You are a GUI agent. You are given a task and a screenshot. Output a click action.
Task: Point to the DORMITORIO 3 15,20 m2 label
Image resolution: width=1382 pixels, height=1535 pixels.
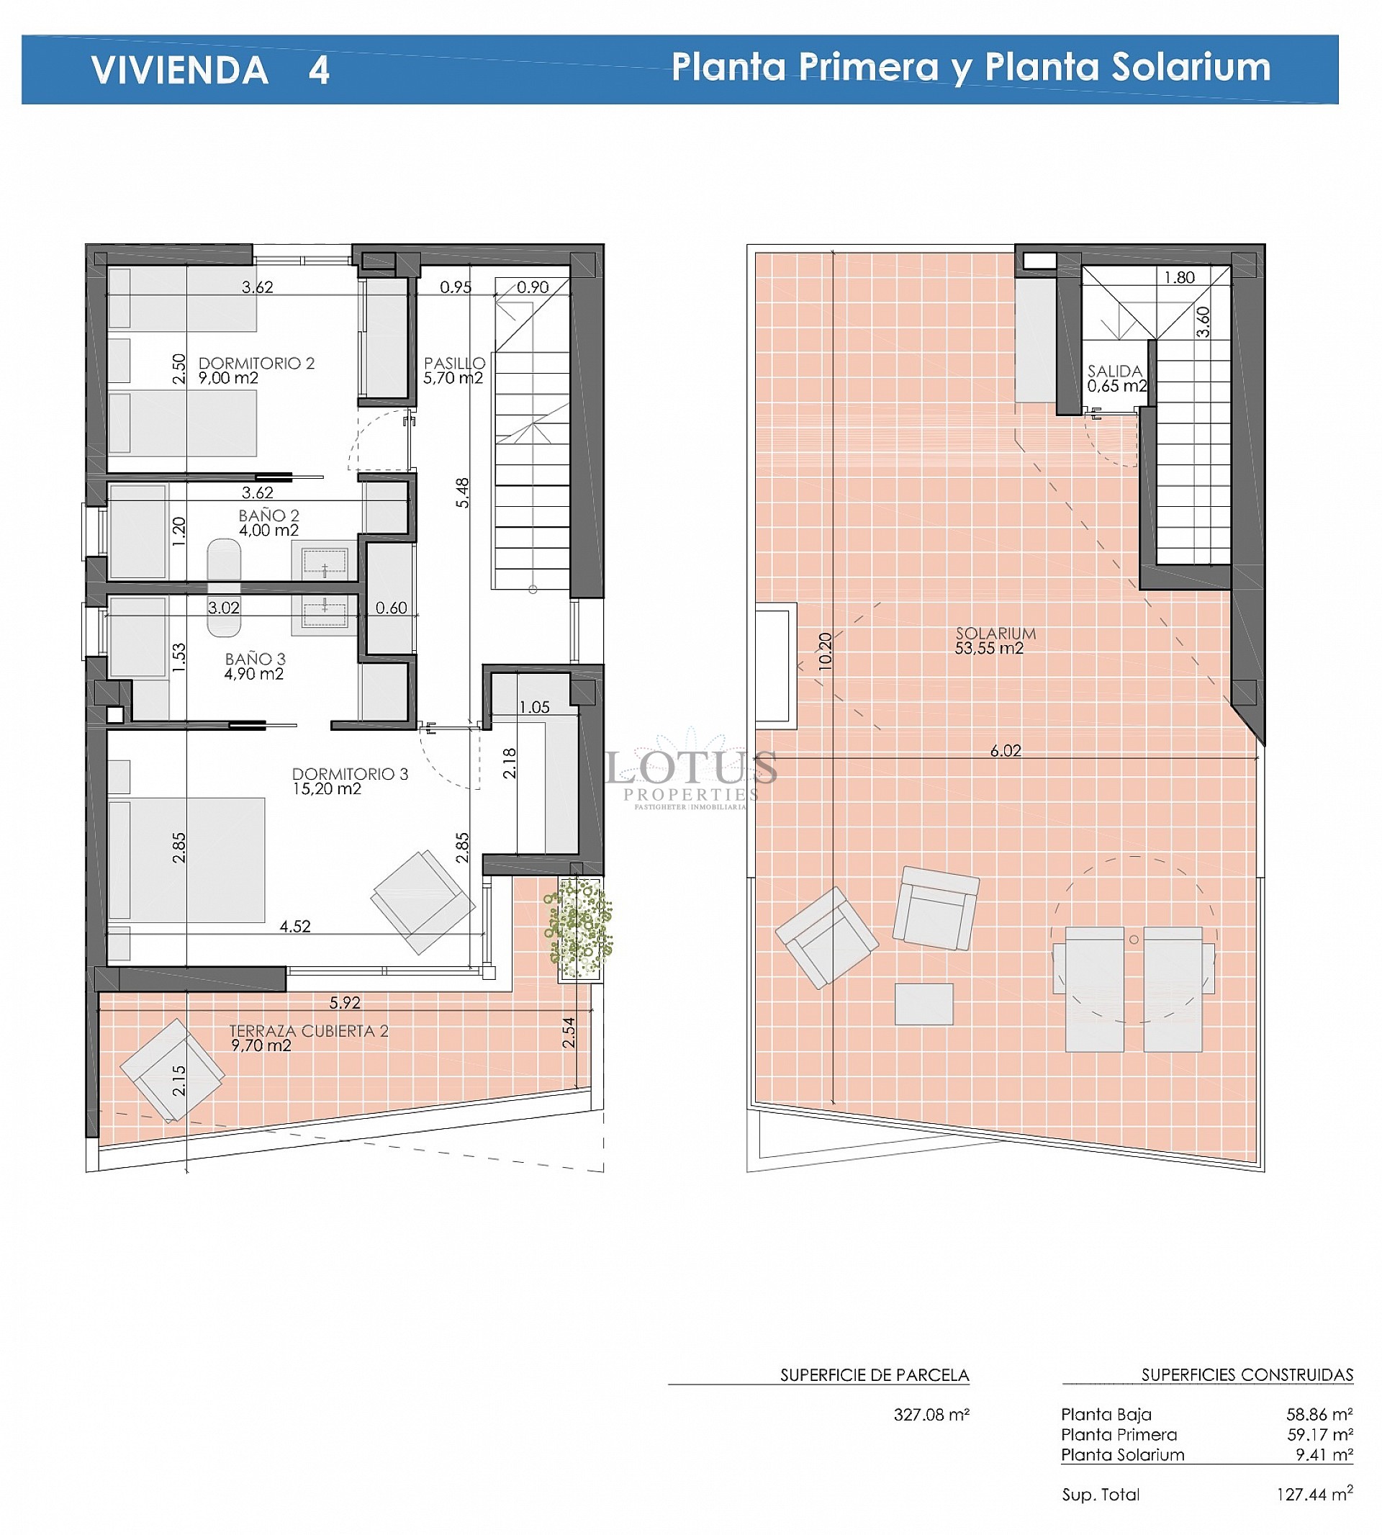349,780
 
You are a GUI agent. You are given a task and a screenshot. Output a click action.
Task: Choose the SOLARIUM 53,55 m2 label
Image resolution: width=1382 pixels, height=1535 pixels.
995,640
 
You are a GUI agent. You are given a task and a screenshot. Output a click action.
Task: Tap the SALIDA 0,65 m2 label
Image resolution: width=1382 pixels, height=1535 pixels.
1116,377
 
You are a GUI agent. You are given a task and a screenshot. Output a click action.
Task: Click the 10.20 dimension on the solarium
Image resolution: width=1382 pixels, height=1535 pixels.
826,650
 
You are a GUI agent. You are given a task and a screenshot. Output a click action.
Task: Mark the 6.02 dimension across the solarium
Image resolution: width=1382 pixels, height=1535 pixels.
1006,750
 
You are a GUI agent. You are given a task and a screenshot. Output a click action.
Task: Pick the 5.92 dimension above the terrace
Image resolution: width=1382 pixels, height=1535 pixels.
345,1002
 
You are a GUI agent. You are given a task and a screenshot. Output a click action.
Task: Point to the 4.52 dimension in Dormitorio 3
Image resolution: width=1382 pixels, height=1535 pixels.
294,926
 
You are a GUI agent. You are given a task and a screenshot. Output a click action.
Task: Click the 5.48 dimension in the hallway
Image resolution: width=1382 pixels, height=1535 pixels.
461,492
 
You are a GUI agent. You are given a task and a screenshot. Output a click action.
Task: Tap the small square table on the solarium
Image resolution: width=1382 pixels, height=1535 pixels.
923,1004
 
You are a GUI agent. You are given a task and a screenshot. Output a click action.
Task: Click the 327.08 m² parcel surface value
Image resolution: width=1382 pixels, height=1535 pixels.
931,1414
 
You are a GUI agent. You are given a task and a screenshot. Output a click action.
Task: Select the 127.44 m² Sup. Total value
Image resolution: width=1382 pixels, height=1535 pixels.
1314,1494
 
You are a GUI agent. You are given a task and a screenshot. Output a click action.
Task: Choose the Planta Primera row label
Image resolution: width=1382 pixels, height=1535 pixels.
1119,1434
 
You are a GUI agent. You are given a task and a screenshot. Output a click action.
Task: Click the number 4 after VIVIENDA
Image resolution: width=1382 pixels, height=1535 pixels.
319,70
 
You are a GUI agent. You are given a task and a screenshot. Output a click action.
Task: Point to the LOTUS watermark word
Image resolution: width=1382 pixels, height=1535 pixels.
691,767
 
